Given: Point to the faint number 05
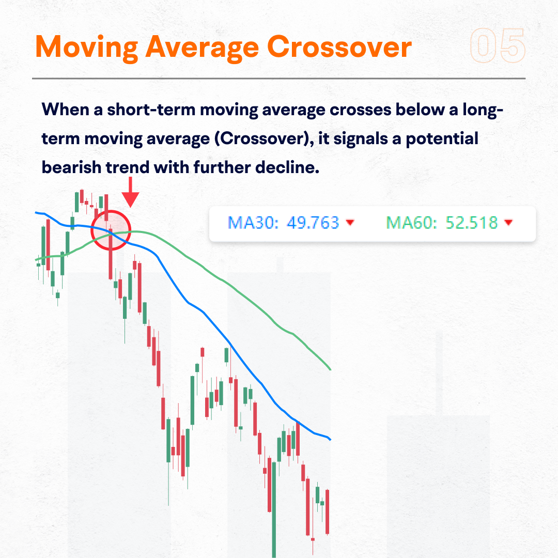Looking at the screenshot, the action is [498, 45].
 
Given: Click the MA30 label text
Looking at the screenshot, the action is [253, 223].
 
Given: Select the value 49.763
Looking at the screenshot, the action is [313, 223].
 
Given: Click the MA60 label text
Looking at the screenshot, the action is [412, 223].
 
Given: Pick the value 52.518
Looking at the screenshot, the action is [472, 223].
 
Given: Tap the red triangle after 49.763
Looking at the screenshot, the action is [350, 223].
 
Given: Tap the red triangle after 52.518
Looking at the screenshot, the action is [508, 223].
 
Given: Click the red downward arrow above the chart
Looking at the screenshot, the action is [130, 192].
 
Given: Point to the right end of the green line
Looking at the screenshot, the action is [331, 369].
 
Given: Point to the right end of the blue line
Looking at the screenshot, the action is [331, 440].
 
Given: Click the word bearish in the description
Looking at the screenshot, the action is [71, 167].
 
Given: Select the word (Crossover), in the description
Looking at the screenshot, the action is [264, 139].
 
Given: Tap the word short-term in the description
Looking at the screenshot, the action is [151, 110].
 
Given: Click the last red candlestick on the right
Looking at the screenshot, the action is [327, 512].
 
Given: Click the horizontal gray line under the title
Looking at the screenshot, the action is [278, 79].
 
